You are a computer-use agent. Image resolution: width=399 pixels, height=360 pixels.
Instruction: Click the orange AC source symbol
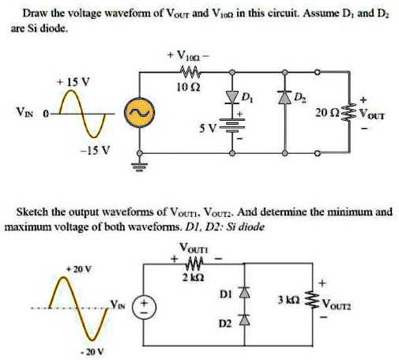tap(139, 113)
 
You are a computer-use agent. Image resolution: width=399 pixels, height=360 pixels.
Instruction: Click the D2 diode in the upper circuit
tap(284, 97)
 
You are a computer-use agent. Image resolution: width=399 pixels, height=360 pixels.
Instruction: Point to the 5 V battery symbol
tap(231, 125)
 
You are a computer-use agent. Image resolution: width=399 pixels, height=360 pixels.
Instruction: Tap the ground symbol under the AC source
tap(140, 167)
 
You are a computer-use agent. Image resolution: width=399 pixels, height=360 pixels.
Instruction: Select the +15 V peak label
tap(73, 82)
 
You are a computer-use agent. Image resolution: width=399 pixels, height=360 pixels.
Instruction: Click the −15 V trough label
tap(95, 151)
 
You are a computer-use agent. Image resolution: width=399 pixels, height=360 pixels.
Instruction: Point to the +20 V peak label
tap(79, 269)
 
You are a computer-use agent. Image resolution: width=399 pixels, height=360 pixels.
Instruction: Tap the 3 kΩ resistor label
tap(289, 300)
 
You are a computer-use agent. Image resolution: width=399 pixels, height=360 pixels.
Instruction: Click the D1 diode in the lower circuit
tap(244, 293)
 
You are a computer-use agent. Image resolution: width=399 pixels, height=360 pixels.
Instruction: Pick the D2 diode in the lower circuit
tap(244, 320)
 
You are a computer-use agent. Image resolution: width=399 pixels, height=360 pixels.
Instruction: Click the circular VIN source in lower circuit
tap(144, 307)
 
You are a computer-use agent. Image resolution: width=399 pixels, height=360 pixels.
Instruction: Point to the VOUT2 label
tap(337, 306)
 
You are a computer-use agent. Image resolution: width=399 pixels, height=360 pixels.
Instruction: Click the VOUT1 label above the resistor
tap(194, 248)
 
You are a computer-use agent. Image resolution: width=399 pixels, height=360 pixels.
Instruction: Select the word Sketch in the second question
tap(32, 212)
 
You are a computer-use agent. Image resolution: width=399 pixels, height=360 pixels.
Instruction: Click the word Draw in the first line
tap(35, 13)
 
